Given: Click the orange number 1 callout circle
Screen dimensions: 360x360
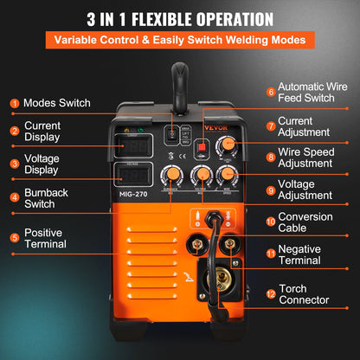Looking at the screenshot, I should click(x=14, y=103).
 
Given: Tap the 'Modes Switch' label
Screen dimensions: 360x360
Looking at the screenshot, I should click(x=57, y=103).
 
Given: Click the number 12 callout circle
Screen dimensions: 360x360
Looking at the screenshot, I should click(x=271, y=293).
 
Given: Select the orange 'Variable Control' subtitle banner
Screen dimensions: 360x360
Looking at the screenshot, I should click(x=180, y=40).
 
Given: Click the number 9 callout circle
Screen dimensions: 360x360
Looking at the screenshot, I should click(x=271, y=190).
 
